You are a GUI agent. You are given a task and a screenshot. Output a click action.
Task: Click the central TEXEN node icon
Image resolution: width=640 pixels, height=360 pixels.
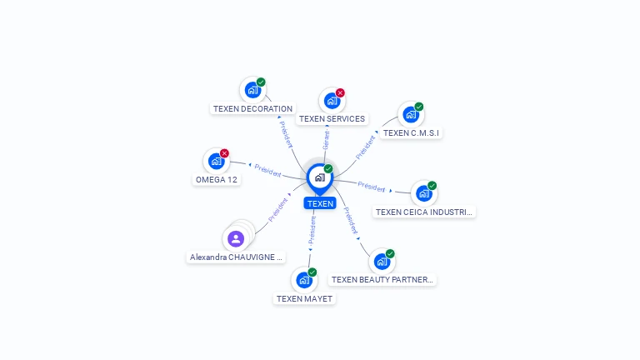tap(319, 177)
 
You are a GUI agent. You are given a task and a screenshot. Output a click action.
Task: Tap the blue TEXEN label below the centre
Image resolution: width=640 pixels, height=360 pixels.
tap(319, 203)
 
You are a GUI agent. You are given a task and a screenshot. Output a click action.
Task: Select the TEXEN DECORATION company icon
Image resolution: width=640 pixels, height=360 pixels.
tap(252, 90)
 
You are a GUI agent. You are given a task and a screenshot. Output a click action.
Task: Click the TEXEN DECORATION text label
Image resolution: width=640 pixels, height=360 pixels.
tap(252, 109)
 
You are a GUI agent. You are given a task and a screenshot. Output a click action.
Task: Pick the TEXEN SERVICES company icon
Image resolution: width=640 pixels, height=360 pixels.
tap(332, 101)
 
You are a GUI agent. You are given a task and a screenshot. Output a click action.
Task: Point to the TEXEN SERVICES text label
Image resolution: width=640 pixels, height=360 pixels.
tap(332, 119)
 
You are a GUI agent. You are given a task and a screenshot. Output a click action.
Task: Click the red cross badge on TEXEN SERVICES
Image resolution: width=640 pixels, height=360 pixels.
tap(340, 93)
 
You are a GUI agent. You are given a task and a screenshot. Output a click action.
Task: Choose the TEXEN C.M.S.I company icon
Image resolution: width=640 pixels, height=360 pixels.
tap(411, 114)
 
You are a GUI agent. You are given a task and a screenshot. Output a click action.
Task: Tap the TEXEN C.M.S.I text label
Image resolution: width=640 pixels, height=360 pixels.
tap(412, 133)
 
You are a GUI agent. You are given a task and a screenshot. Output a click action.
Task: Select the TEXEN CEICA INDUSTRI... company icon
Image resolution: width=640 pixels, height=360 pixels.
tap(424, 193)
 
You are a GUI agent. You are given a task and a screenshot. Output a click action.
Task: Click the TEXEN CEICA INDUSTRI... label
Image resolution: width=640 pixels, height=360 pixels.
tap(424, 212)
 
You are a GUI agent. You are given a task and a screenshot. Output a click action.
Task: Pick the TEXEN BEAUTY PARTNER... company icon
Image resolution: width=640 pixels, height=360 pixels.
tap(382, 262)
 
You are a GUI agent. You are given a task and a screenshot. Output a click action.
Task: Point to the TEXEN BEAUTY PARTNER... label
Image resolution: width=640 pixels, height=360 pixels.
tap(382, 280)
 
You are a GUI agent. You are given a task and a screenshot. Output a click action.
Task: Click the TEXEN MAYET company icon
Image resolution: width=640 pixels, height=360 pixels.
tap(304, 280)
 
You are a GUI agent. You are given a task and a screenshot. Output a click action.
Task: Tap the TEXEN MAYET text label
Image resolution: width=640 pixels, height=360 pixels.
tap(304, 299)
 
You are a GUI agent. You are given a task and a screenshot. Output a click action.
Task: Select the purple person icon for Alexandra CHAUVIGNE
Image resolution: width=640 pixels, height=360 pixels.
tap(236, 239)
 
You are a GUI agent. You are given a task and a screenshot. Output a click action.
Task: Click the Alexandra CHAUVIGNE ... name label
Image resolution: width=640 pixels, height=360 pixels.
tap(237, 258)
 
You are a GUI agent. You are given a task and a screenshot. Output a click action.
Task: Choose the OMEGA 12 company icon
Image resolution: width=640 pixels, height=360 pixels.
tap(217, 161)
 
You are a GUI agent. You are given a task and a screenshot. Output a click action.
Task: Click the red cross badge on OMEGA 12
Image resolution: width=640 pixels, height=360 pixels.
tap(224, 153)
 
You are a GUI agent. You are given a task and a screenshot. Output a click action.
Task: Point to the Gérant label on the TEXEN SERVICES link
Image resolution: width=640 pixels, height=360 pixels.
tap(327, 140)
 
